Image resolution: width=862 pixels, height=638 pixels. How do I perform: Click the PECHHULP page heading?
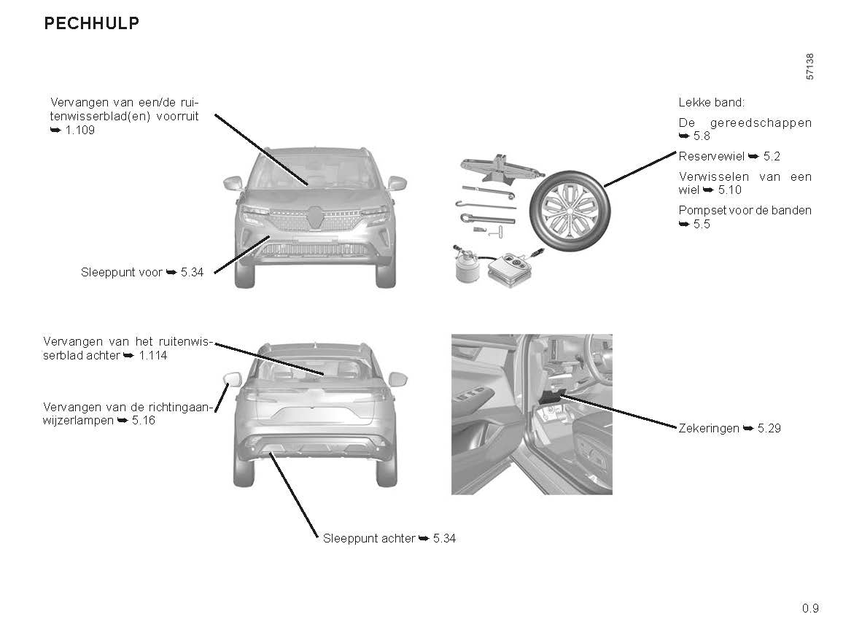pyautogui.click(x=92, y=23)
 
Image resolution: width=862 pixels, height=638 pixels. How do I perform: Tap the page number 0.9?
pyautogui.click(x=810, y=608)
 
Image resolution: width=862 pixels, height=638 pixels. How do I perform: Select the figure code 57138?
pyautogui.click(x=809, y=66)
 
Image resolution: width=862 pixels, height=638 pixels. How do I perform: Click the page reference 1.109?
pyautogui.click(x=80, y=131)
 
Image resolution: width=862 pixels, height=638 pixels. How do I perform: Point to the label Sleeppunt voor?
pyautogui.click(x=122, y=272)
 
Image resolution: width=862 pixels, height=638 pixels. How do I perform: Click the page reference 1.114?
pyautogui.click(x=153, y=356)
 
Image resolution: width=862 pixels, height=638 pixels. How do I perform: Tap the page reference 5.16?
pyautogui.click(x=144, y=421)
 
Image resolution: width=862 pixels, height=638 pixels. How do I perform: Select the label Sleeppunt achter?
pyautogui.click(x=369, y=539)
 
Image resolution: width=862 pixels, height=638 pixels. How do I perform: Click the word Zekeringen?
pyautogui.click(x=709, y=429)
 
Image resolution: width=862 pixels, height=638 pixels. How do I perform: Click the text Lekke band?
pyautogui.click(x=711, y=102)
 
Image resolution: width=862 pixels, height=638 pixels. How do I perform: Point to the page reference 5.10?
pyautogui.click(x=729, y=190)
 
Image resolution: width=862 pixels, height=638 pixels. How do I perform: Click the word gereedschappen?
pyautogui.click(x=761, y=123)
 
